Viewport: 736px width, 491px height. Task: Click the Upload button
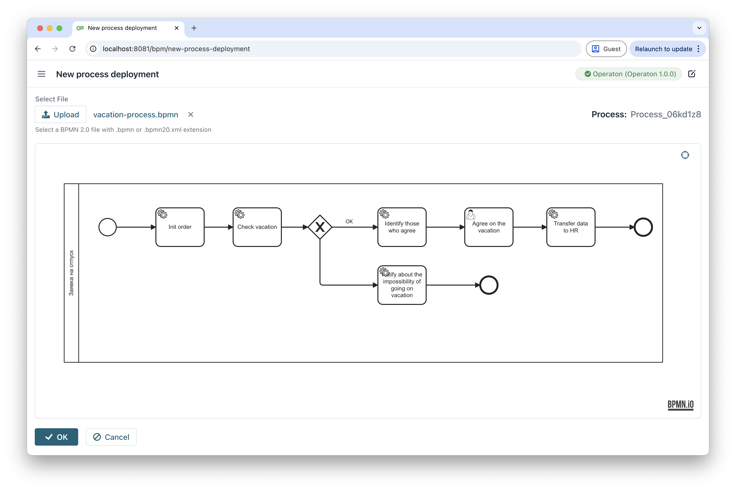tap(60, 115)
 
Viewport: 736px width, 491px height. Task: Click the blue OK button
tap(56, 437)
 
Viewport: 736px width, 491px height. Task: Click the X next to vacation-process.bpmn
tap(191, 115)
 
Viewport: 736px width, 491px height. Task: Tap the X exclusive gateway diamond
tap(320, 227)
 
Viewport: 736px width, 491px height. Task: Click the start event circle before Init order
tap(107, 227)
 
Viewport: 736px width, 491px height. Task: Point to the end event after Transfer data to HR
tap(643, 227)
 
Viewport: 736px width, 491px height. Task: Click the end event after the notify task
tap(488, 285)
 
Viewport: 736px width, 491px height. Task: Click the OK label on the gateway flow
tap(349, 221)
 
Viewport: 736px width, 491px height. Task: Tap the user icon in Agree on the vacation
tap(471, 215)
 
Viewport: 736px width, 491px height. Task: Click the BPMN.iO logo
tap(680, 405)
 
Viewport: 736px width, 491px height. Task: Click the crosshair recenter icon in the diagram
tap(685, 155)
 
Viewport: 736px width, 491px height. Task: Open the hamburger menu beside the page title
tap(41, 74)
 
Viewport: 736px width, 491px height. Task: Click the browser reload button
tap(72, 49)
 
